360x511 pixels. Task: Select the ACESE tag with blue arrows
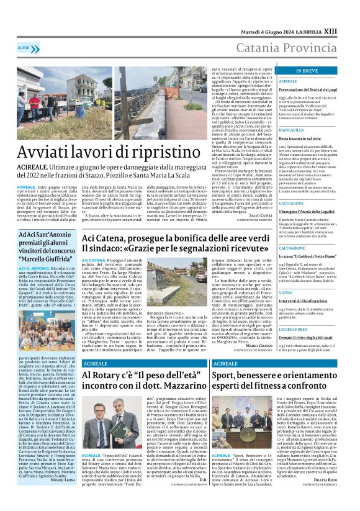(x=25, y=48)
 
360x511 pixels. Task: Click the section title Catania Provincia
(x=288, y=47)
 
